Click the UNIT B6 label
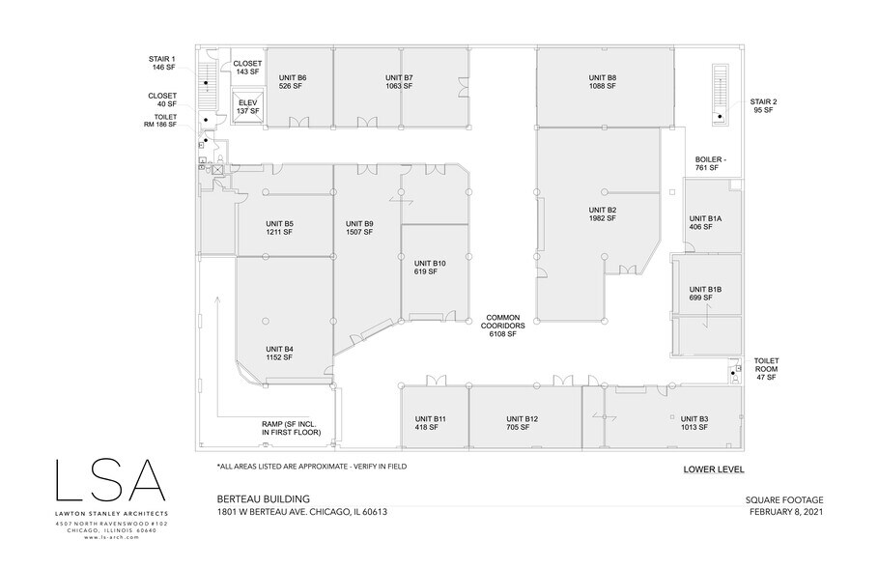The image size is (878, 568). point(292,82)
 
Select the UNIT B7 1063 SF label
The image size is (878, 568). point(399,82)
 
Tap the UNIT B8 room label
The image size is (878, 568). point(603,82)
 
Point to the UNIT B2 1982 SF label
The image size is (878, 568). point(603,213)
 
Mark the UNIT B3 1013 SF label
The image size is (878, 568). point(694,422)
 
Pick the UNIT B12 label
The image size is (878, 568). point(522,422)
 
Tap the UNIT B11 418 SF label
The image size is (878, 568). point(432,422)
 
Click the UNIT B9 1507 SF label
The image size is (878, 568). point(359,228)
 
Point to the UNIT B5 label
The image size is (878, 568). point(279,228)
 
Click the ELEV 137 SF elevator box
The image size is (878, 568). point(248,107)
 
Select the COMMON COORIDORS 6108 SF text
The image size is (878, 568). point(502,326)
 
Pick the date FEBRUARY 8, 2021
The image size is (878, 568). point(788,512)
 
